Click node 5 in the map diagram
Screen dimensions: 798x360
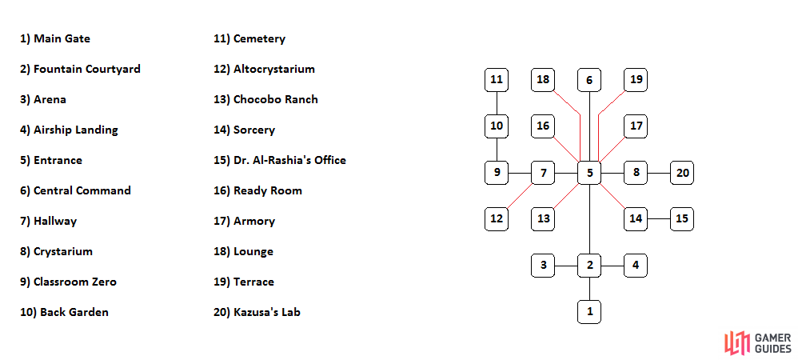(x=589, y=173)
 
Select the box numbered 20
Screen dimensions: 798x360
(x=682, y=173)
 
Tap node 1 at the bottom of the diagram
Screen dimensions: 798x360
(x=589, y=312)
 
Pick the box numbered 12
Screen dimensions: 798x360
(x=497, y=219)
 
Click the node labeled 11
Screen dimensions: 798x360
(x=497, y=80)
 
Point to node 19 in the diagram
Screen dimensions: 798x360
(x=636, y=80)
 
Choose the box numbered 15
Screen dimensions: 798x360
(x=682, y=219)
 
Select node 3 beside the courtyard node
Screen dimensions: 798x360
(x=543, y=266)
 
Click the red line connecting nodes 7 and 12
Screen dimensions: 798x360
(x=520, y=196)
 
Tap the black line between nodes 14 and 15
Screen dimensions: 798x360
(x=659, y=219)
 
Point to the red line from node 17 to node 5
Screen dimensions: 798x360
(x=612, y=150)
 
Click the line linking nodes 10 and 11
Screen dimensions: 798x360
(x=497, y=103)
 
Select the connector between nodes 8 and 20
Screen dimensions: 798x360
(x=659, y=173)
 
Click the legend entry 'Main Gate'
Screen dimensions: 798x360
(x=55, y=38)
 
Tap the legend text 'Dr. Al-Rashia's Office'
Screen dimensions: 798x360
(x=280, y=160)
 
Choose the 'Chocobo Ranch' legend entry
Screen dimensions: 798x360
(x=265, y=99)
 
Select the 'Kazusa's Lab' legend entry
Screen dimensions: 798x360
(x=257, y=312)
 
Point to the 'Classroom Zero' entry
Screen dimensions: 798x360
(x=68, y=282)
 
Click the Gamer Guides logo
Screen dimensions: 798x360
(x=758, y=343)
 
